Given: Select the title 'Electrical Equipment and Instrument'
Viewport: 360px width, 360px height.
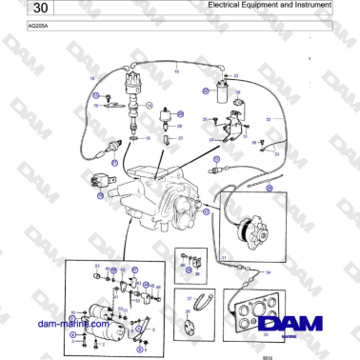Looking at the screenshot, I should tap(270, 6).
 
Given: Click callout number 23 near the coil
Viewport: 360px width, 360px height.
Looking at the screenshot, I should tap(236, 75).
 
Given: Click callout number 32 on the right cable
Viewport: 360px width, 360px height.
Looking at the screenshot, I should tap(269, 120).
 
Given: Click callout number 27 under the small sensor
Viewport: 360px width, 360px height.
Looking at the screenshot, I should tap(180, 138).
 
